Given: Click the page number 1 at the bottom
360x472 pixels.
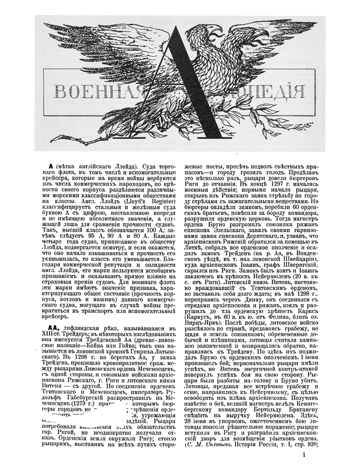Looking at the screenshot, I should click(304, 456).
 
